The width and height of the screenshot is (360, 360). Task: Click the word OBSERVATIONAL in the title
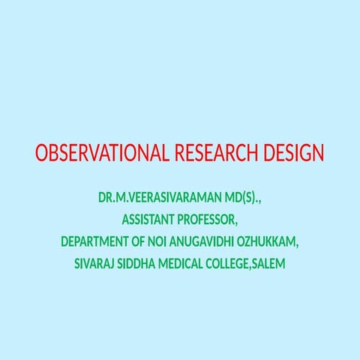103,154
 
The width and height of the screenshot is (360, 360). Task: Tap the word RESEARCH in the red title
217,154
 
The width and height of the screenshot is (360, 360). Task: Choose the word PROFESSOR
206,220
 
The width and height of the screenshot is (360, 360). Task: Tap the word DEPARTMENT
98,242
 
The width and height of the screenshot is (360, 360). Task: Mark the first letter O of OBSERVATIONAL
41,154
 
